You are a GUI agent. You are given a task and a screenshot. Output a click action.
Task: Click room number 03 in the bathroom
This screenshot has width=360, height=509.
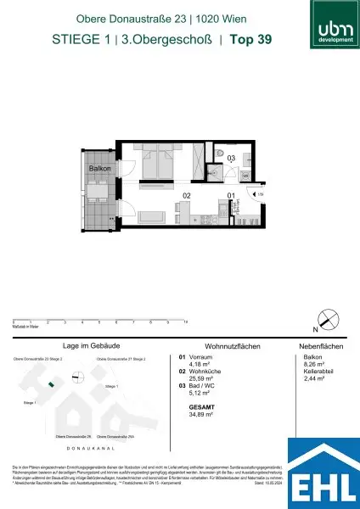click(x=230, y=157)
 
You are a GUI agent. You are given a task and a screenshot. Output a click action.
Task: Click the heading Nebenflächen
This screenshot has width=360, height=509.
click(x=320, y=346)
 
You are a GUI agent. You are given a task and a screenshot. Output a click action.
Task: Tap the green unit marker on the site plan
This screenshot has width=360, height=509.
click(x=51, y=385)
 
